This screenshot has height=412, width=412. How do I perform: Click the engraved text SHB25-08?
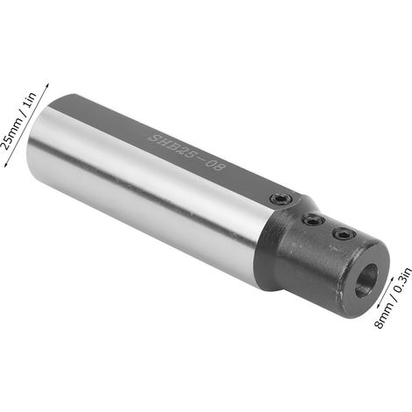(x=187, y=153)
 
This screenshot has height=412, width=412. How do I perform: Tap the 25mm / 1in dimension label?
(x=19, y=121)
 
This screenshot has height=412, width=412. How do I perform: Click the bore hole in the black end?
(x=366, y=281)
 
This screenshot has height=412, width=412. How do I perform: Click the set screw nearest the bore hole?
(x=344, y=233)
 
